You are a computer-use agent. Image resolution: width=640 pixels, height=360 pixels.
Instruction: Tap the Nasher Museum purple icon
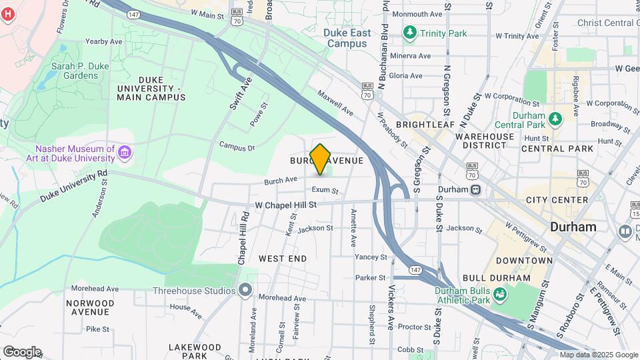point(124,154)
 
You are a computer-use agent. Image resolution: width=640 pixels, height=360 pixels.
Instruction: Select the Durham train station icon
point(475,189)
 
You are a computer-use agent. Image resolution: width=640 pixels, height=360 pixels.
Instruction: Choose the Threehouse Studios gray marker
point(245,290)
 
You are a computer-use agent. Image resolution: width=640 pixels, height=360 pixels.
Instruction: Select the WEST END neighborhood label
point(283,258)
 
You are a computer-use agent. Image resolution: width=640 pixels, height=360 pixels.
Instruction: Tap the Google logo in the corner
point(22,351)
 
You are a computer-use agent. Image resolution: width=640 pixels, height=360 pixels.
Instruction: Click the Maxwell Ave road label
point(335,103)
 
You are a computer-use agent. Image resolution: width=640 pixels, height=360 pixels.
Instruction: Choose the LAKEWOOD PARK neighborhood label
point(194,347)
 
